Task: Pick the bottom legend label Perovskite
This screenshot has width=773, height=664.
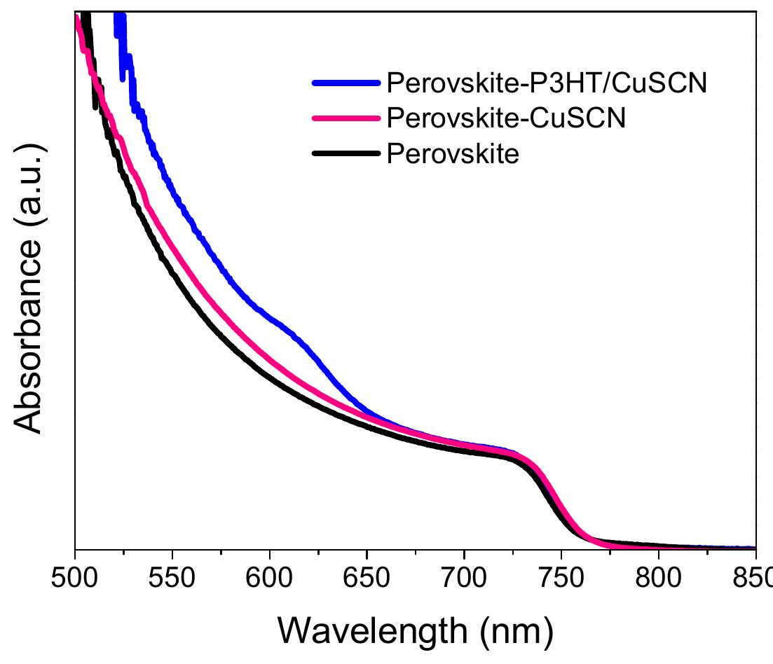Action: click(453, 153)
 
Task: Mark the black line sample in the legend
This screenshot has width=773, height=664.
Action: click(346, 153)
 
